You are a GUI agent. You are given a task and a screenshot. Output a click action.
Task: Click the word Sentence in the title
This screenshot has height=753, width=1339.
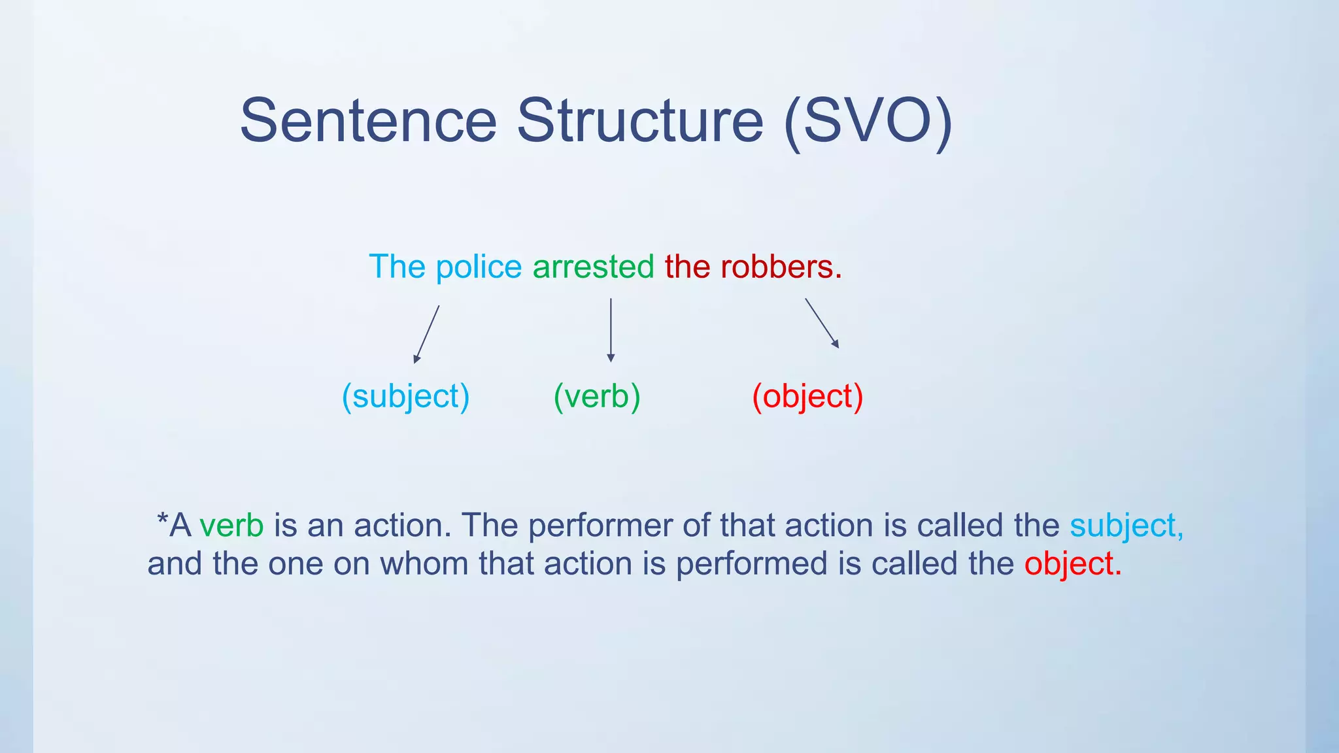(x=368, y=121)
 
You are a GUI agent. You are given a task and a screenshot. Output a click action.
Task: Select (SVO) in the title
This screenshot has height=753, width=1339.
(x=868, y=121)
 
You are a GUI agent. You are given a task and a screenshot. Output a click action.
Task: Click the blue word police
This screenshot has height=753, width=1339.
(x=479, y=267)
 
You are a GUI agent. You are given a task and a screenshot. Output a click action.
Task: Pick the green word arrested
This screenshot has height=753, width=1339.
(x=593, y=267)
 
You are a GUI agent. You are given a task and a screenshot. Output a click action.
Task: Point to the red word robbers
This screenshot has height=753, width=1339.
(x=781, y=267)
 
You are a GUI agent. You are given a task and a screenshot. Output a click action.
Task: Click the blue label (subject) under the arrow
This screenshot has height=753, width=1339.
(x=405, y=397)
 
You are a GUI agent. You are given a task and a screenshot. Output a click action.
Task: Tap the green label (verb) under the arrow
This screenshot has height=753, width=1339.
(x=597, y=397)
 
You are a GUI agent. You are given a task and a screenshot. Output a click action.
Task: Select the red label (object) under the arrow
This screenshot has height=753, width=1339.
(x=807, y=397)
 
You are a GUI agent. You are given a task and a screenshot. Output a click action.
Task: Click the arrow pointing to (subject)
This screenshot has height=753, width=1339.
(x=426, y=334)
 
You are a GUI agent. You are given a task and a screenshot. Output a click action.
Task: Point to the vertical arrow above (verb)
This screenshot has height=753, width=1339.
(x=611, y=330)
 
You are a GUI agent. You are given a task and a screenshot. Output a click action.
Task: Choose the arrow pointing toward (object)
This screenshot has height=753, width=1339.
(x=822, y=323)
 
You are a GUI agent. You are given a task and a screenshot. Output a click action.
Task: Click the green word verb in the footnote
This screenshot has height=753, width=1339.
(x=231, y=526)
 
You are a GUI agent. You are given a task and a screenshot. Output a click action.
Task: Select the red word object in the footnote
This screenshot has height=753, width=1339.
(x=1072, y=564)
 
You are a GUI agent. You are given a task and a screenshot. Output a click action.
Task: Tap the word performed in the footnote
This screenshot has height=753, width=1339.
(x=751, y=564)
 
